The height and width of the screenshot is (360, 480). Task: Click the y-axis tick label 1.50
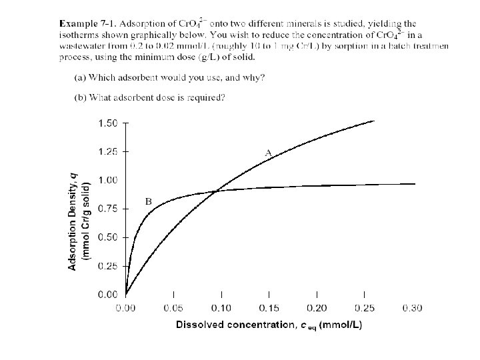[x=108, y=123]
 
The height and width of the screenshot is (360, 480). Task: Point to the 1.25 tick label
[x=108, y=152]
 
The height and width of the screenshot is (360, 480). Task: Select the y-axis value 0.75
[x=108, y=209]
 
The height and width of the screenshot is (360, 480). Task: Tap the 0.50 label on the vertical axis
[x=108, y=237]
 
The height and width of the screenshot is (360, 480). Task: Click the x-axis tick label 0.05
[x=173, y=308]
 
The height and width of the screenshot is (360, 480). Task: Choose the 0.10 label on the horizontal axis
[x=221, y=308]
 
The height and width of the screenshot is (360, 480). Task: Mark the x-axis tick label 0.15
[x=269, y=308]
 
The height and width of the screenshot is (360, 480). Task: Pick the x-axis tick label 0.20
[x=317, y=308]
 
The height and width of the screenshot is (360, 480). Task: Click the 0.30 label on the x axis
[x=412, y=308]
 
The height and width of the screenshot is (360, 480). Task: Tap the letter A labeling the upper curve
[x=268, y=153]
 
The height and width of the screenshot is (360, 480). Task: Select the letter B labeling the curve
[x=148, y=201]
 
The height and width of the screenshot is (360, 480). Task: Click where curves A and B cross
[x=217, y=191]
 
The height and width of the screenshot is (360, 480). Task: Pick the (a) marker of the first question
[x=79, y=77]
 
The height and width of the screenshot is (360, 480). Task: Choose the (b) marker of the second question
[x=79, y=98]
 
